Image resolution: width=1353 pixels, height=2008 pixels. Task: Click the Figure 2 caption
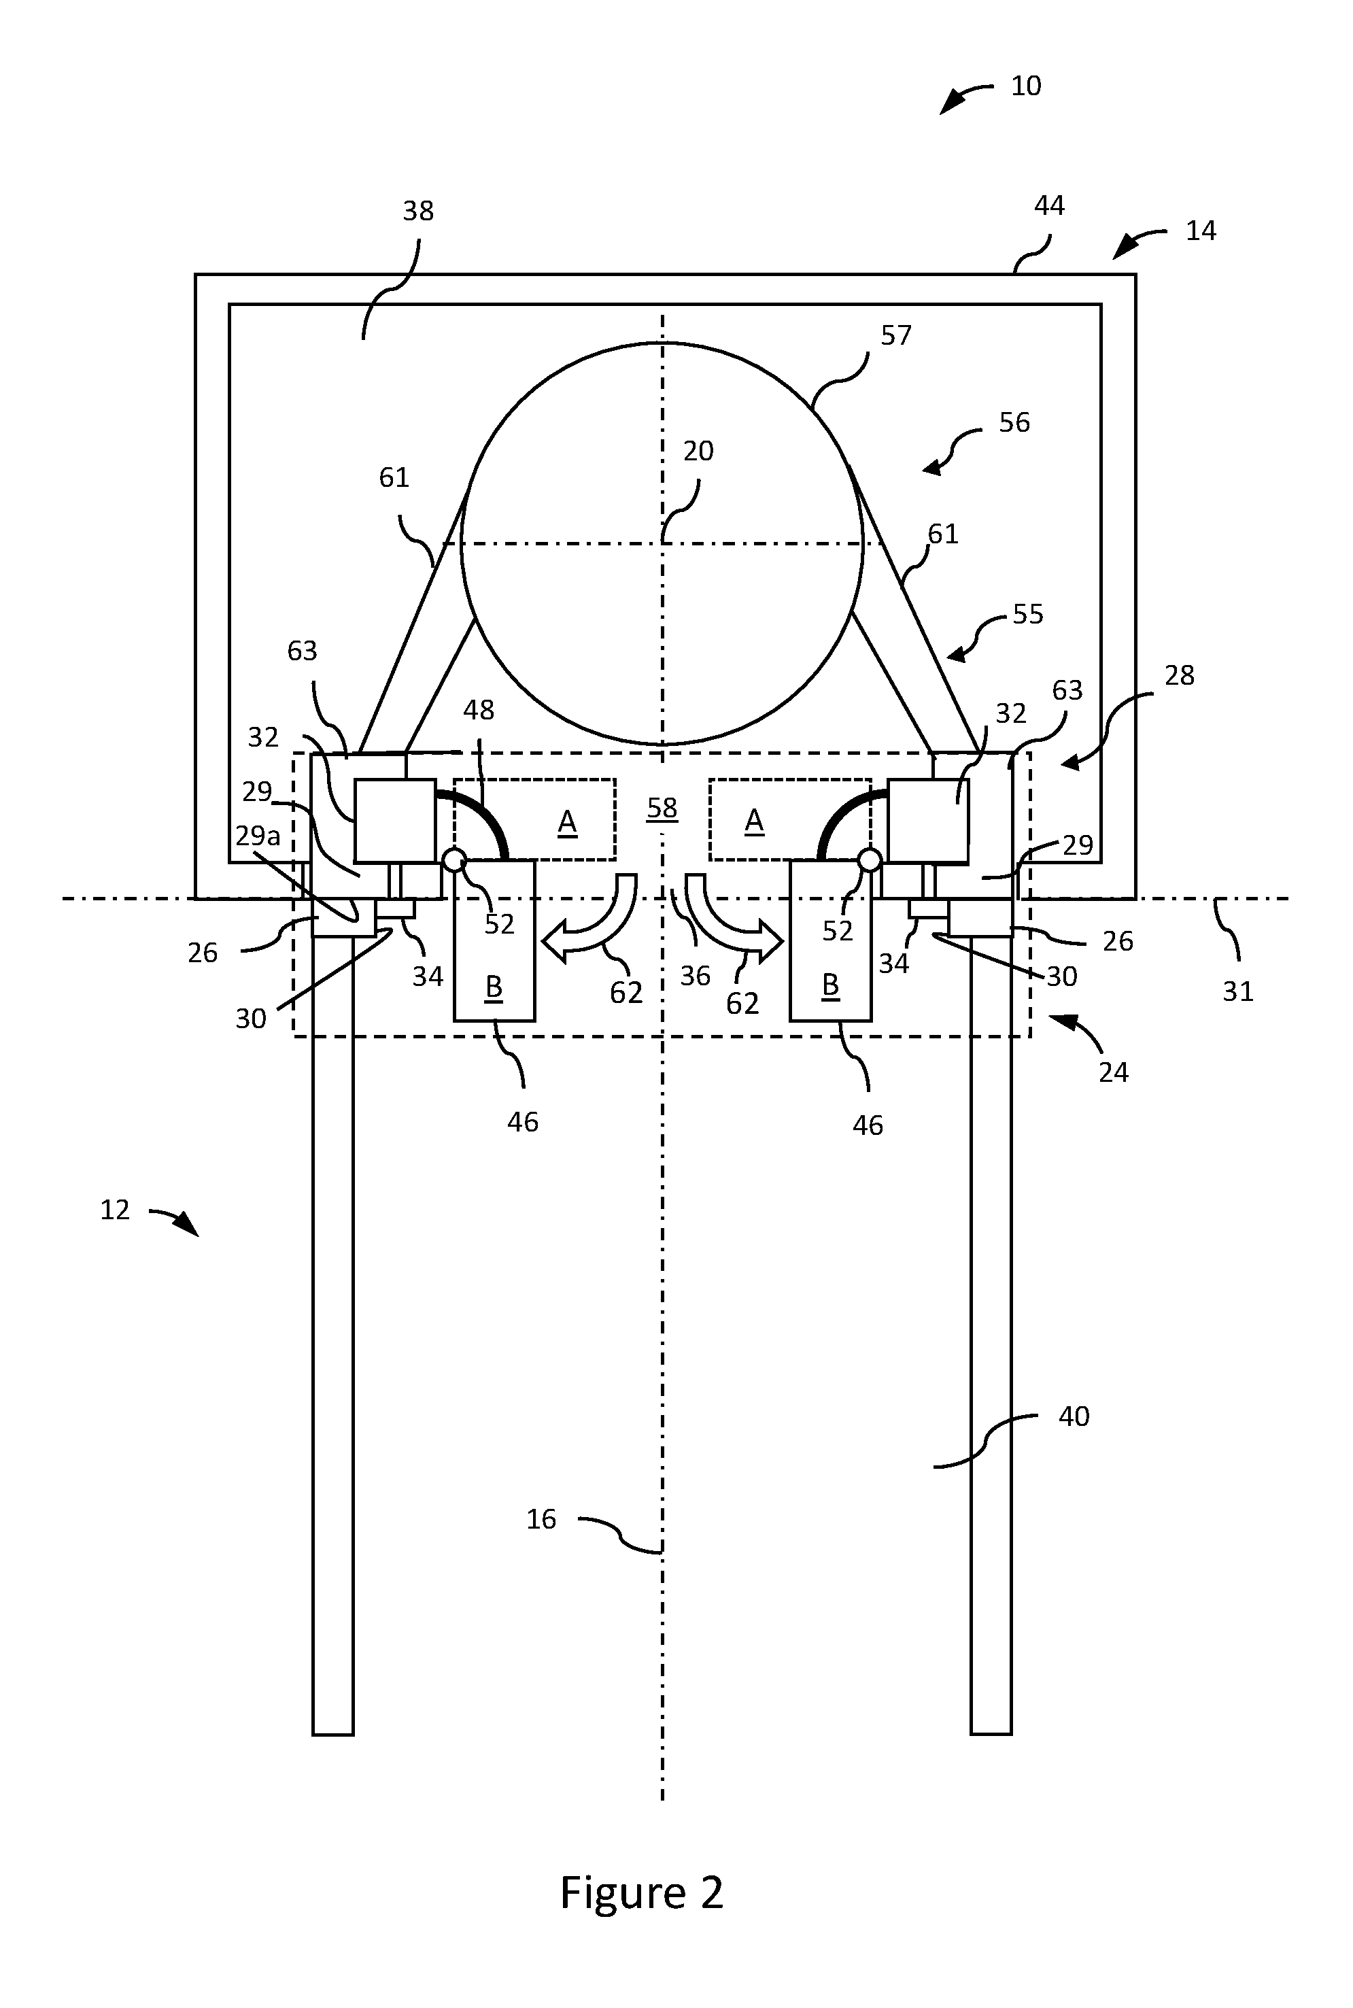coord(641,1892)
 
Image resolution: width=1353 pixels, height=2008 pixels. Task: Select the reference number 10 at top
coord(1026,86)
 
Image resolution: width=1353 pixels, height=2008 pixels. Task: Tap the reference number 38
coord(419,211)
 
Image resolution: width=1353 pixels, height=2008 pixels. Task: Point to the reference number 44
coord(1049,205)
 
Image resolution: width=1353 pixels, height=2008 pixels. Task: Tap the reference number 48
coord(479,710)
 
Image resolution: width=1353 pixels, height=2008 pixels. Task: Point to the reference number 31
coord(1238,991)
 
